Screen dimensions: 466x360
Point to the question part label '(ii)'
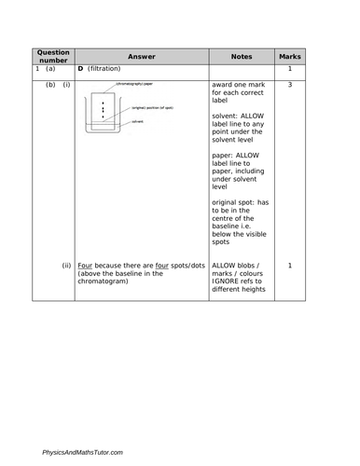pos(66,266)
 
